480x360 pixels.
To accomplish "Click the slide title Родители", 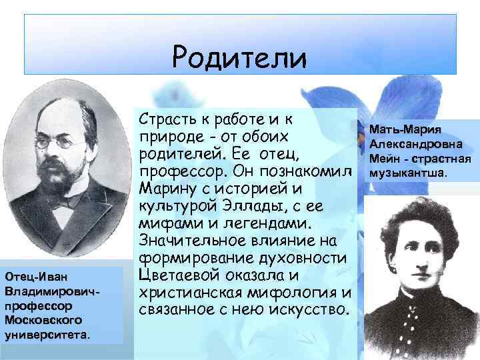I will (239, 57).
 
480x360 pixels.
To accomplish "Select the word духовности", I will (303, 257).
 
